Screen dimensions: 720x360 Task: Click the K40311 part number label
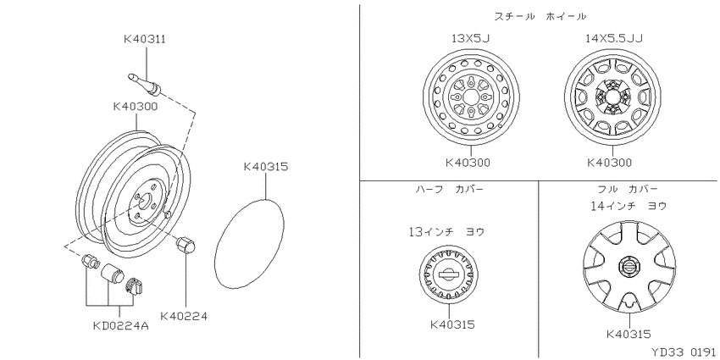tap(145, 39)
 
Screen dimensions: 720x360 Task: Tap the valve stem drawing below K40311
tap(144, 83)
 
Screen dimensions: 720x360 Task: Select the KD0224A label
tap(121, 326)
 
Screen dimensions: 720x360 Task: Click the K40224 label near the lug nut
tap(184, 317)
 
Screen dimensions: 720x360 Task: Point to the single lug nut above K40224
tap(186, 245)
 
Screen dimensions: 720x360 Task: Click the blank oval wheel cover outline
tap(249, 244)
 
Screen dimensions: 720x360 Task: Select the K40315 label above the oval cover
tap(266, 166)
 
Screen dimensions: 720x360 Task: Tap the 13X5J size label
tap(471, 38)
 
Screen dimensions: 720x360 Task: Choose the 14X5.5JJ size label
tap(613, 38)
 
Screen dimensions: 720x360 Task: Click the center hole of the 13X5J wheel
tap(471, 97)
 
